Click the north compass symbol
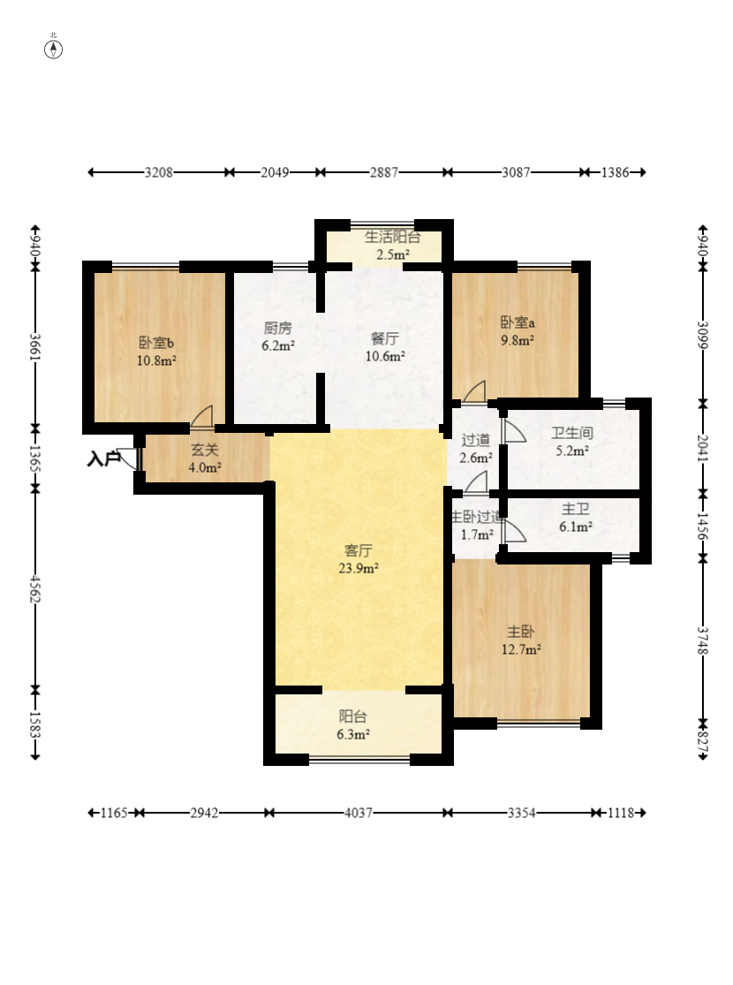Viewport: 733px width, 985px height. [53, 49]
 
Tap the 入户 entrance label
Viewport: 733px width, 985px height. [102, 459]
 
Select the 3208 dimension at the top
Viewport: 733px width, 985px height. [158, 172]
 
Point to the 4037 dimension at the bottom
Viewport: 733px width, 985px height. [358, 813]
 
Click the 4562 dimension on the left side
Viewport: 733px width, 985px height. [35, 589]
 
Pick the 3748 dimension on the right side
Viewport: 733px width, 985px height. [703, 640]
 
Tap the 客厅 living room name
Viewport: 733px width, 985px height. [358, 551]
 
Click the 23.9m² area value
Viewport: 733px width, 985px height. [358, 569]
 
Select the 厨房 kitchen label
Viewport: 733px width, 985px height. [277, 328]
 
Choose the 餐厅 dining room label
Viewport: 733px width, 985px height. [384, 338]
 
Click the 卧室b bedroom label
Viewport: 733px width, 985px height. [156, 343]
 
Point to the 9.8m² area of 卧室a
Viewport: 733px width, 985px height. [517, 340]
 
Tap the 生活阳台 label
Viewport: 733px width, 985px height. [393, 237]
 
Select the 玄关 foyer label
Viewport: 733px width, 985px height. [205, 450]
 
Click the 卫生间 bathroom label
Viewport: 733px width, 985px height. [571, 433]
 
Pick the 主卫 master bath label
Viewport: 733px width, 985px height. [575, 510]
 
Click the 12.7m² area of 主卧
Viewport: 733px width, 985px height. [521, 649]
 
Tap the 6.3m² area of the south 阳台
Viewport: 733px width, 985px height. [353, 734]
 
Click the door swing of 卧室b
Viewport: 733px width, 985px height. [202, 417]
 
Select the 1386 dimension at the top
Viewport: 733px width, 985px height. [615, 172]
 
